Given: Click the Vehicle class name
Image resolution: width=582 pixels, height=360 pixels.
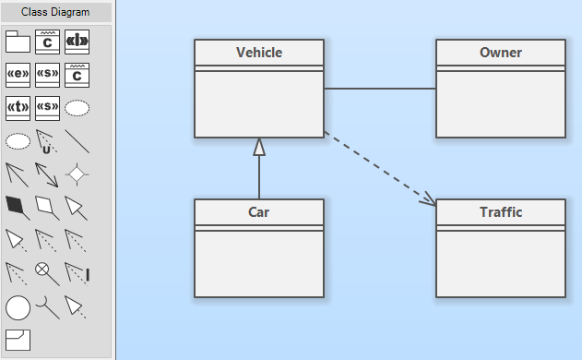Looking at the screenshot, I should tap(259, 53).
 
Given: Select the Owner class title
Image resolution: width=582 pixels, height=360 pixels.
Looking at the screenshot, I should tap(501, 53).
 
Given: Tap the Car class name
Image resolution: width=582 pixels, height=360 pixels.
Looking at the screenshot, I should tap(259, 212).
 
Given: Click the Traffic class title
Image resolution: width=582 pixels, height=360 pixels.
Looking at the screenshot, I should tap(501, 212).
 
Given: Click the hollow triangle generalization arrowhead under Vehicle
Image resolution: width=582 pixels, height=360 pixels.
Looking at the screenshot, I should tap(259, 147).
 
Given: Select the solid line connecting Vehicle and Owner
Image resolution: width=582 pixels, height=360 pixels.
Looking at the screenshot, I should tap(380, 90).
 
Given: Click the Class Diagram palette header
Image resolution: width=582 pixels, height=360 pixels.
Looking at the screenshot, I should tap(56, 12).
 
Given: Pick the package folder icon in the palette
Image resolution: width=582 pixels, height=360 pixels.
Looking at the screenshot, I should tap(18, 41).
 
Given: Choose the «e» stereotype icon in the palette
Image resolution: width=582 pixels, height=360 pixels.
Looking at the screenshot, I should tap(18, 74).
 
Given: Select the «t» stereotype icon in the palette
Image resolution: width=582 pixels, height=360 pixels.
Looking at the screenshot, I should tap(18, 107).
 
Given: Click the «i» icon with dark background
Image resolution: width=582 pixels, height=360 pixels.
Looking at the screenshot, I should tap(77, 41).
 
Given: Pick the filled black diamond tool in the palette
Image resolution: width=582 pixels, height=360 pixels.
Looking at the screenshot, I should tap(18, 206).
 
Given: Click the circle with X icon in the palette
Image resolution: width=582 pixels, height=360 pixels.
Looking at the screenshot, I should tap(42, 270).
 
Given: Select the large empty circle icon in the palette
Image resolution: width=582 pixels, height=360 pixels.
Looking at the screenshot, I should tap(18, 307).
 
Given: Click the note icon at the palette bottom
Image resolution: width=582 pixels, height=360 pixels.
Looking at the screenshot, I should tap(18, 339).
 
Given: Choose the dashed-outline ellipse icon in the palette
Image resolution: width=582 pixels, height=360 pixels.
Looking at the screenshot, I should tap(18, 141).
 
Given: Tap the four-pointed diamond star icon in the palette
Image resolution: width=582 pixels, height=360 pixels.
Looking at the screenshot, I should tap(77, 173).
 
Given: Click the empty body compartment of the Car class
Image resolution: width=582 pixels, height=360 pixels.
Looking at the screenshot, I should tap(259, 263).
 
